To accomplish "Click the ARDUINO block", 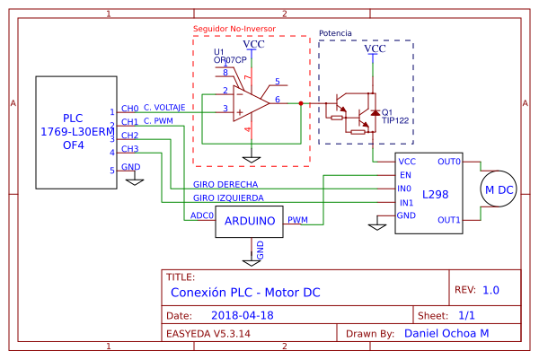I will (x=250, y=221).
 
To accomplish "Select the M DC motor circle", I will (x=499, y=190).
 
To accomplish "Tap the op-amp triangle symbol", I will (x=251, y=104).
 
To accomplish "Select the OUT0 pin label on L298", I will (x=448, y=162).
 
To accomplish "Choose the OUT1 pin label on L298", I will (x=448, y=220).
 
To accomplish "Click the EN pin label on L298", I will (x=405, y=175).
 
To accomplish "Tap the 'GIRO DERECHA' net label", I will (x=225, y=184).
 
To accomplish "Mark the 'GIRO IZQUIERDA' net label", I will (x=228, y=198).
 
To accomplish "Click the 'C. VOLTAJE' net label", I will (x=164, y=107).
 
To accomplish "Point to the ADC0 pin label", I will (x=201, y=215).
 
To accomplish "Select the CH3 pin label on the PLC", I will (x=129, y=149).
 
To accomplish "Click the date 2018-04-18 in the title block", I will (x=243, y=316).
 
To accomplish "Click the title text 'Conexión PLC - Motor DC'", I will (x=244, y=293).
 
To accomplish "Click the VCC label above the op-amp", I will (x=254, y=44).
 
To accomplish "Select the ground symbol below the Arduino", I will (x=261, y=252).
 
